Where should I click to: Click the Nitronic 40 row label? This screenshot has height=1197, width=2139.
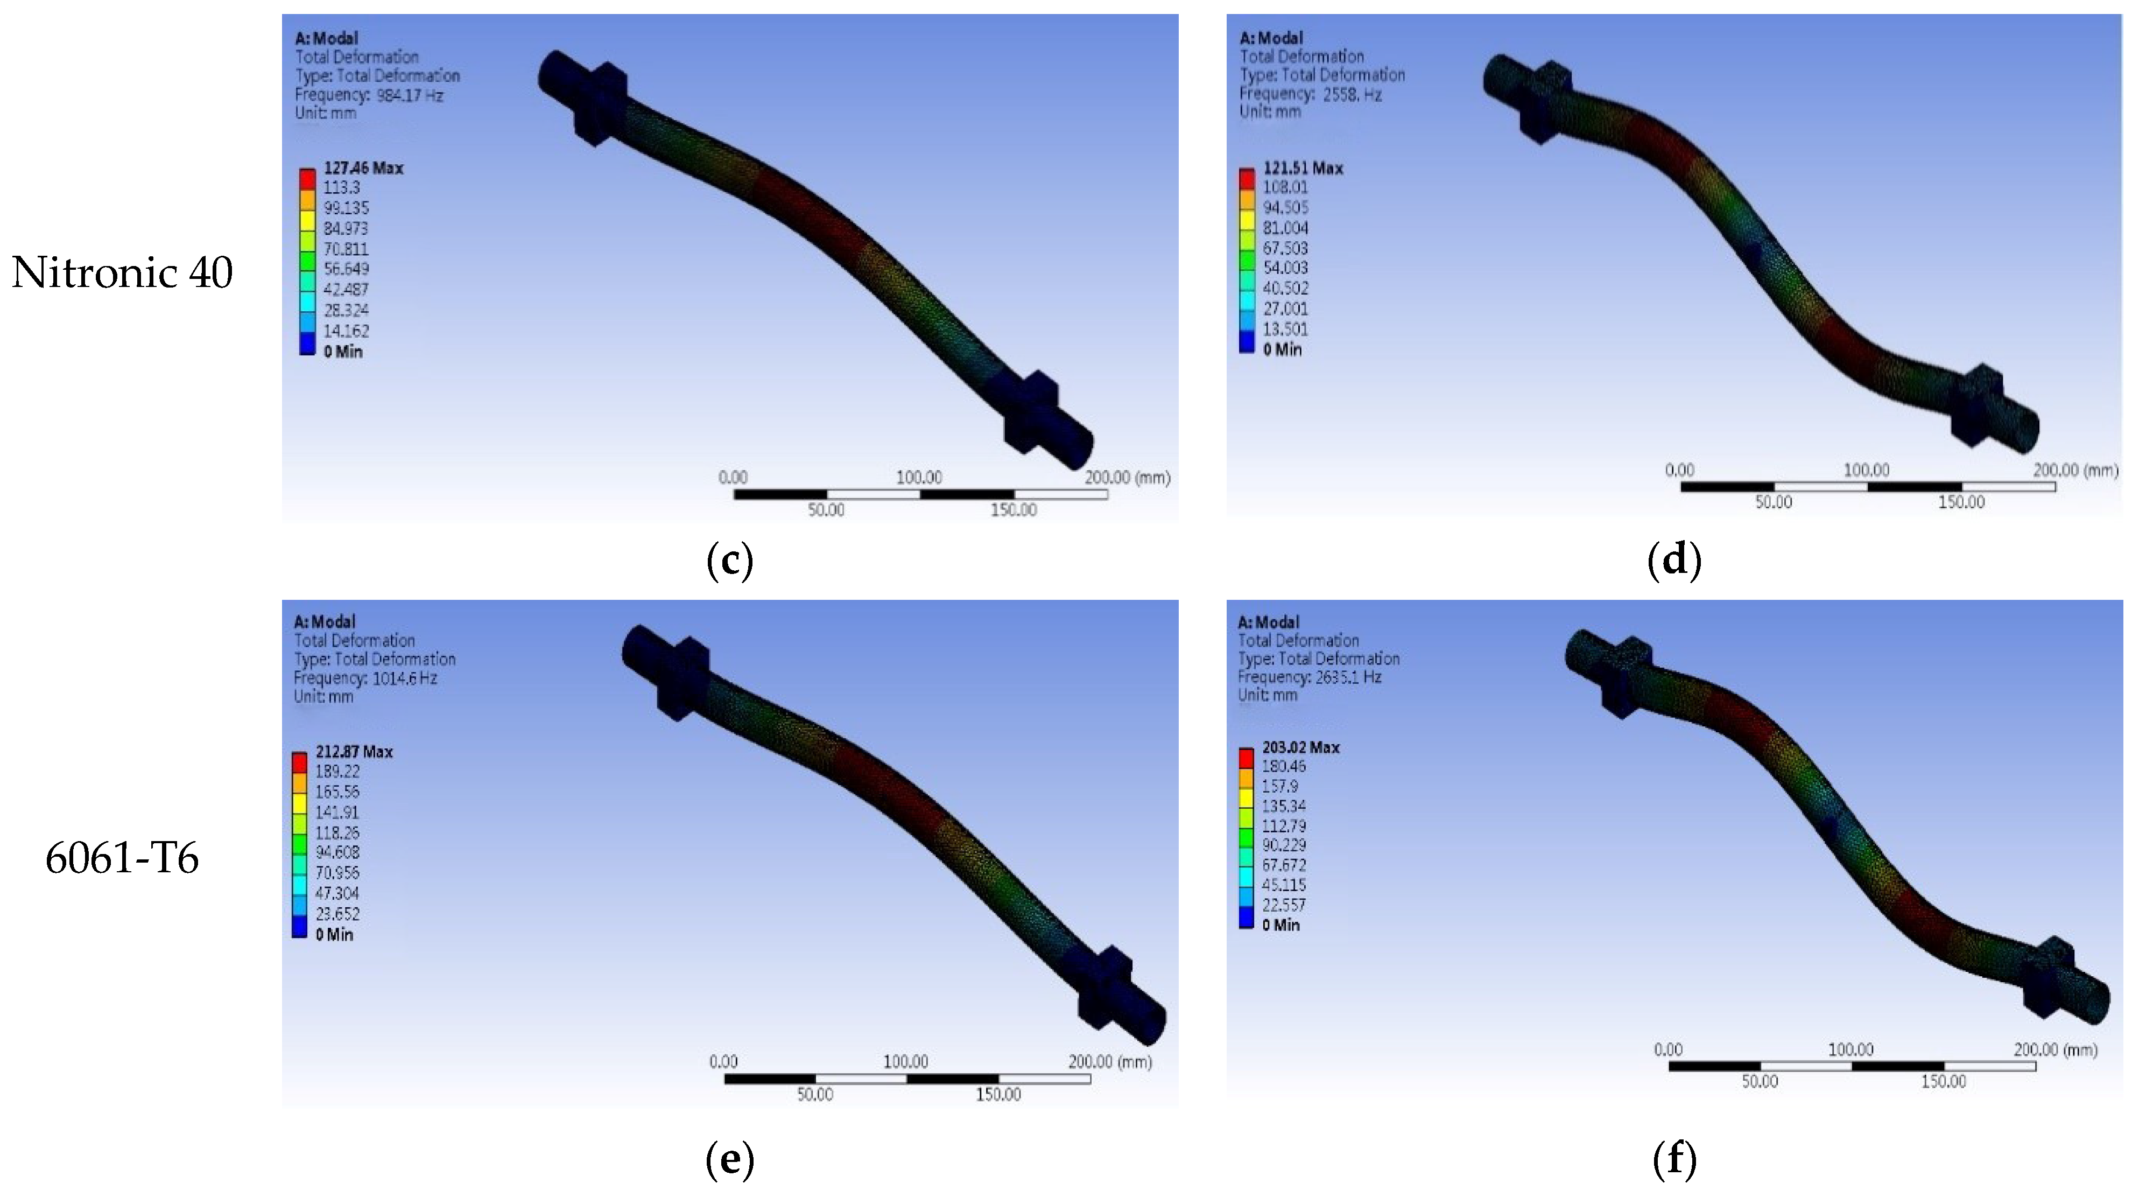click(x=122, y=272)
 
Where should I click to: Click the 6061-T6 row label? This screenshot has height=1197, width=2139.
click(x=122, y=858)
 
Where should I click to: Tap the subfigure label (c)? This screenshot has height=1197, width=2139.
click(x=729, y=561)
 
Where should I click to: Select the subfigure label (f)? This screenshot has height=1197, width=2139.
click(x=1674, y=1159)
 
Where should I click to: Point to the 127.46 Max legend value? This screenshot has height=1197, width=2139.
click(x=363, y=168)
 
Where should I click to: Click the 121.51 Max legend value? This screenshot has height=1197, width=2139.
click(x=1302, y=168)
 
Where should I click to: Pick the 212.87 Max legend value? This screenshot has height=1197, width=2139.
click(x=354, y=752)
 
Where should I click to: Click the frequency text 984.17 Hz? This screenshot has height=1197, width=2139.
click(x=410, y=95)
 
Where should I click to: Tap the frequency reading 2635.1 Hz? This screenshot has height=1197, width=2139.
click(x=1348, y=677)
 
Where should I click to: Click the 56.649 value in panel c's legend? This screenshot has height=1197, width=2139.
click(x=346, y=268)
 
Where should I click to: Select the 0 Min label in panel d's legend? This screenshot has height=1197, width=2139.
click(x=1282, y=349)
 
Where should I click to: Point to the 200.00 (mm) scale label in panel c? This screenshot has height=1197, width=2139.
click(x=1127, y=478)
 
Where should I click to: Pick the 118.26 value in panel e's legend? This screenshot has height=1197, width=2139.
click(x=336, y=832)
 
